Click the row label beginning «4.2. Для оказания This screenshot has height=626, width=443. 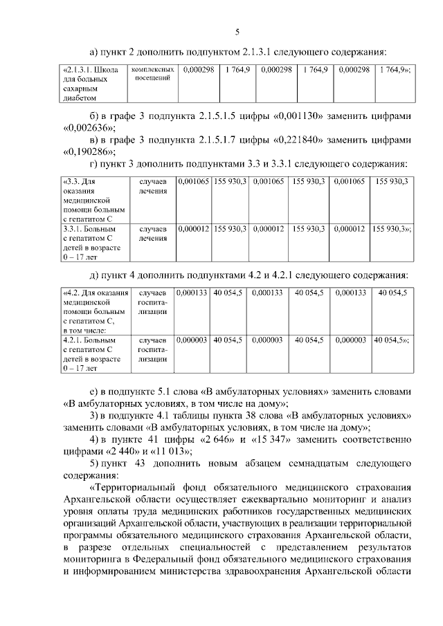point(93,311)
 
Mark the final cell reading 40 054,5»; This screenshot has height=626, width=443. point(392,340)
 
